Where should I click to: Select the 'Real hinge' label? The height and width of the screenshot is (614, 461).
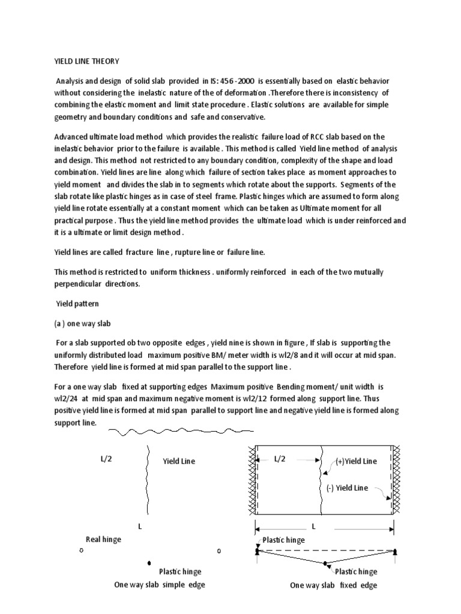pyautogui.click(x=103, y=539)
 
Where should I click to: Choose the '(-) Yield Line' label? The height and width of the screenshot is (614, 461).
pyautogui.click(x=347, y=487)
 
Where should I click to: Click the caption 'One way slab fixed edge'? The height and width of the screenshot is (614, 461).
pyautogui.click(x=334, y=585)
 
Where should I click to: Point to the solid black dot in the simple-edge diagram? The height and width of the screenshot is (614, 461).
pyautogui.click(x=148, y=563)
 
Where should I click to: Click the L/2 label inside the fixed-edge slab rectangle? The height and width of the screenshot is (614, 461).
pyautogui.click(x=281, y=459)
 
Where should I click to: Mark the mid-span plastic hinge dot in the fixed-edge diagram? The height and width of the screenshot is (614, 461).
pyautogui.click(x=325, y=564)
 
